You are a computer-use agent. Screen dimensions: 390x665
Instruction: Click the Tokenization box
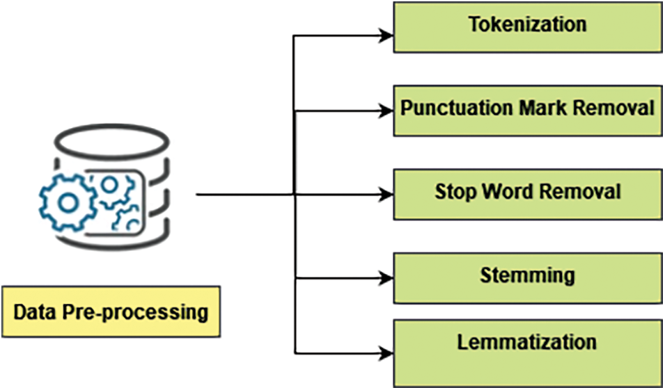pos(527,27)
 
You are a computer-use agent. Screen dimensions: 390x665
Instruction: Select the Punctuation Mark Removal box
pos(527,111)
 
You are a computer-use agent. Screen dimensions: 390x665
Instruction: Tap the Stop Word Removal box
pos(527,194)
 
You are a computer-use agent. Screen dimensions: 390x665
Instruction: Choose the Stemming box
pos(527,277)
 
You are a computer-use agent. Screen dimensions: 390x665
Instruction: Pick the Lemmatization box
pos(527,352)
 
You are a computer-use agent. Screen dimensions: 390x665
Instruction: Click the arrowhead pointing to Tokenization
pos(385,33)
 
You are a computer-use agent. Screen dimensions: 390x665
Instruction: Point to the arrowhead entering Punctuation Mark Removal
pos(385,111)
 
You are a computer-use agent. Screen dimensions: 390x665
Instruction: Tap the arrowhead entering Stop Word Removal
pos(385,195)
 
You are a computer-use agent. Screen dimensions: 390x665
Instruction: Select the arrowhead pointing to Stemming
pos(385,279)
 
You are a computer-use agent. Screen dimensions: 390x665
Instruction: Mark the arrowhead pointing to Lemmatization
pos(385,352)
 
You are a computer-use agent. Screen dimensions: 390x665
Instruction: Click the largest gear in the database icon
pos(68,202)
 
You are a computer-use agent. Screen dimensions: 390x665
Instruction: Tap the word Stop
pos(454,191)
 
